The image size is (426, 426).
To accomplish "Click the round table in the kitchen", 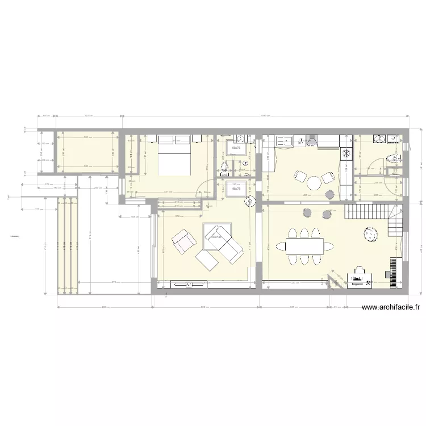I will pos(314,182).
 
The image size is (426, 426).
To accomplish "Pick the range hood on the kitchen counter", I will pos(311,141).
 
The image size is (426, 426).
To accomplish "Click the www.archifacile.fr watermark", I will pos(390,307).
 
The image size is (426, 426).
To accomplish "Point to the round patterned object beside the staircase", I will pos(371,234).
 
